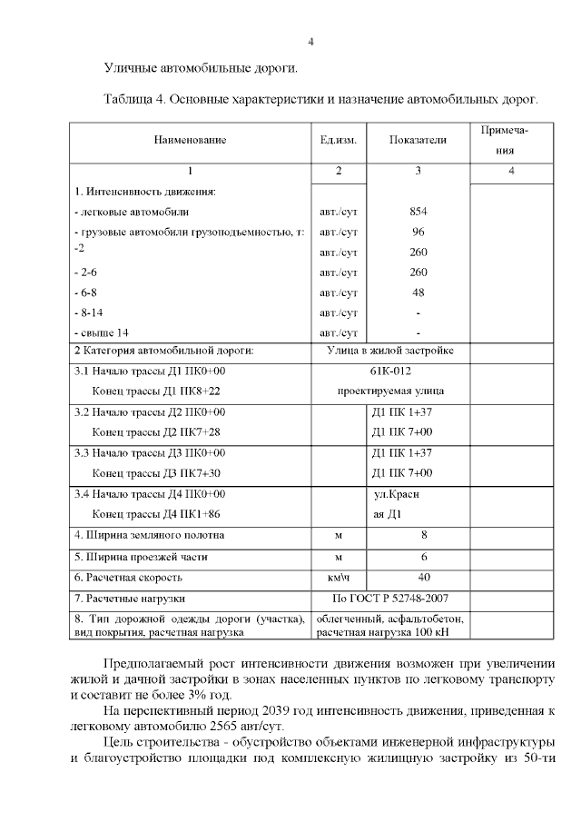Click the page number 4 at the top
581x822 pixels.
click(310, 42)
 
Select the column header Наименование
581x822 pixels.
click(190, 140)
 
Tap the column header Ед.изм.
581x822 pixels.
click(339, 140)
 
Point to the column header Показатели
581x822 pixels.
click(418, 140)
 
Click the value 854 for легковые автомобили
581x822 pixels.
click(418, 212)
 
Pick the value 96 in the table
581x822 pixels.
click(418, 232)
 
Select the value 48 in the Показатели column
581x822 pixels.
click(418, 292)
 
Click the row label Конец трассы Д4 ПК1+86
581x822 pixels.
click(155, 515)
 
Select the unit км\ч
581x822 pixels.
click(339, 577)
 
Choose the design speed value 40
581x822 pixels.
click(423, 577)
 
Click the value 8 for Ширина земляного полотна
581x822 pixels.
click(423, 535)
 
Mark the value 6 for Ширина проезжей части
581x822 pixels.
click(423, 556)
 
